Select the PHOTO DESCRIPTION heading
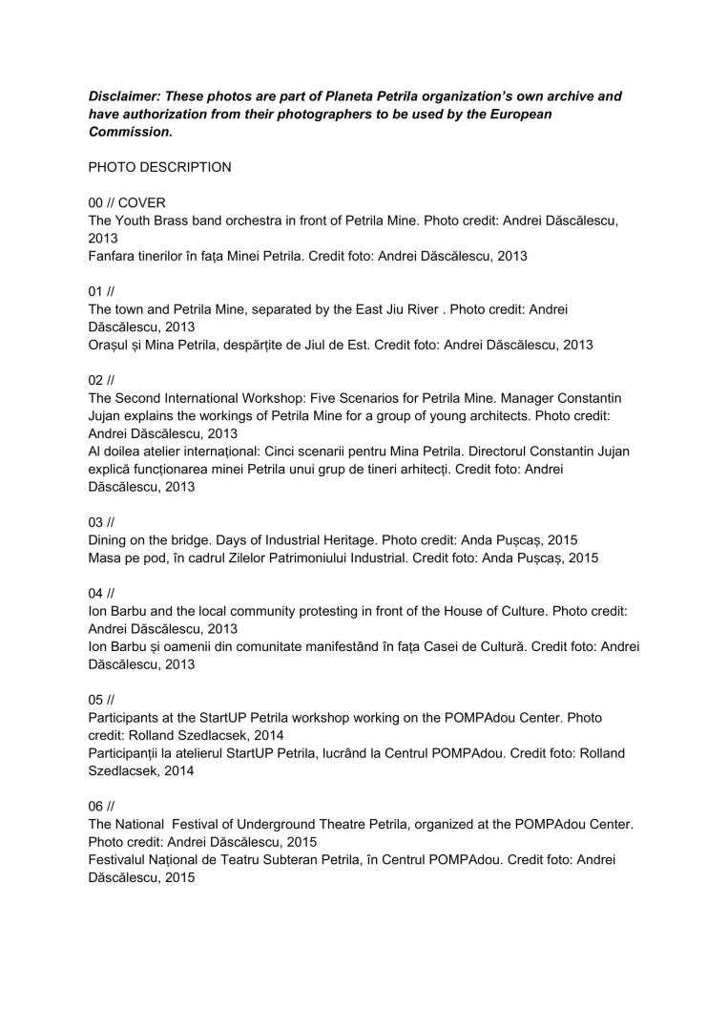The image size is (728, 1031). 159,167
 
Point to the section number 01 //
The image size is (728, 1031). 101,291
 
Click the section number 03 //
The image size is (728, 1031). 101,522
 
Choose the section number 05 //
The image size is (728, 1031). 101,699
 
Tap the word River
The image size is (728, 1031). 422,309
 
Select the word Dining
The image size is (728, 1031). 110,539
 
